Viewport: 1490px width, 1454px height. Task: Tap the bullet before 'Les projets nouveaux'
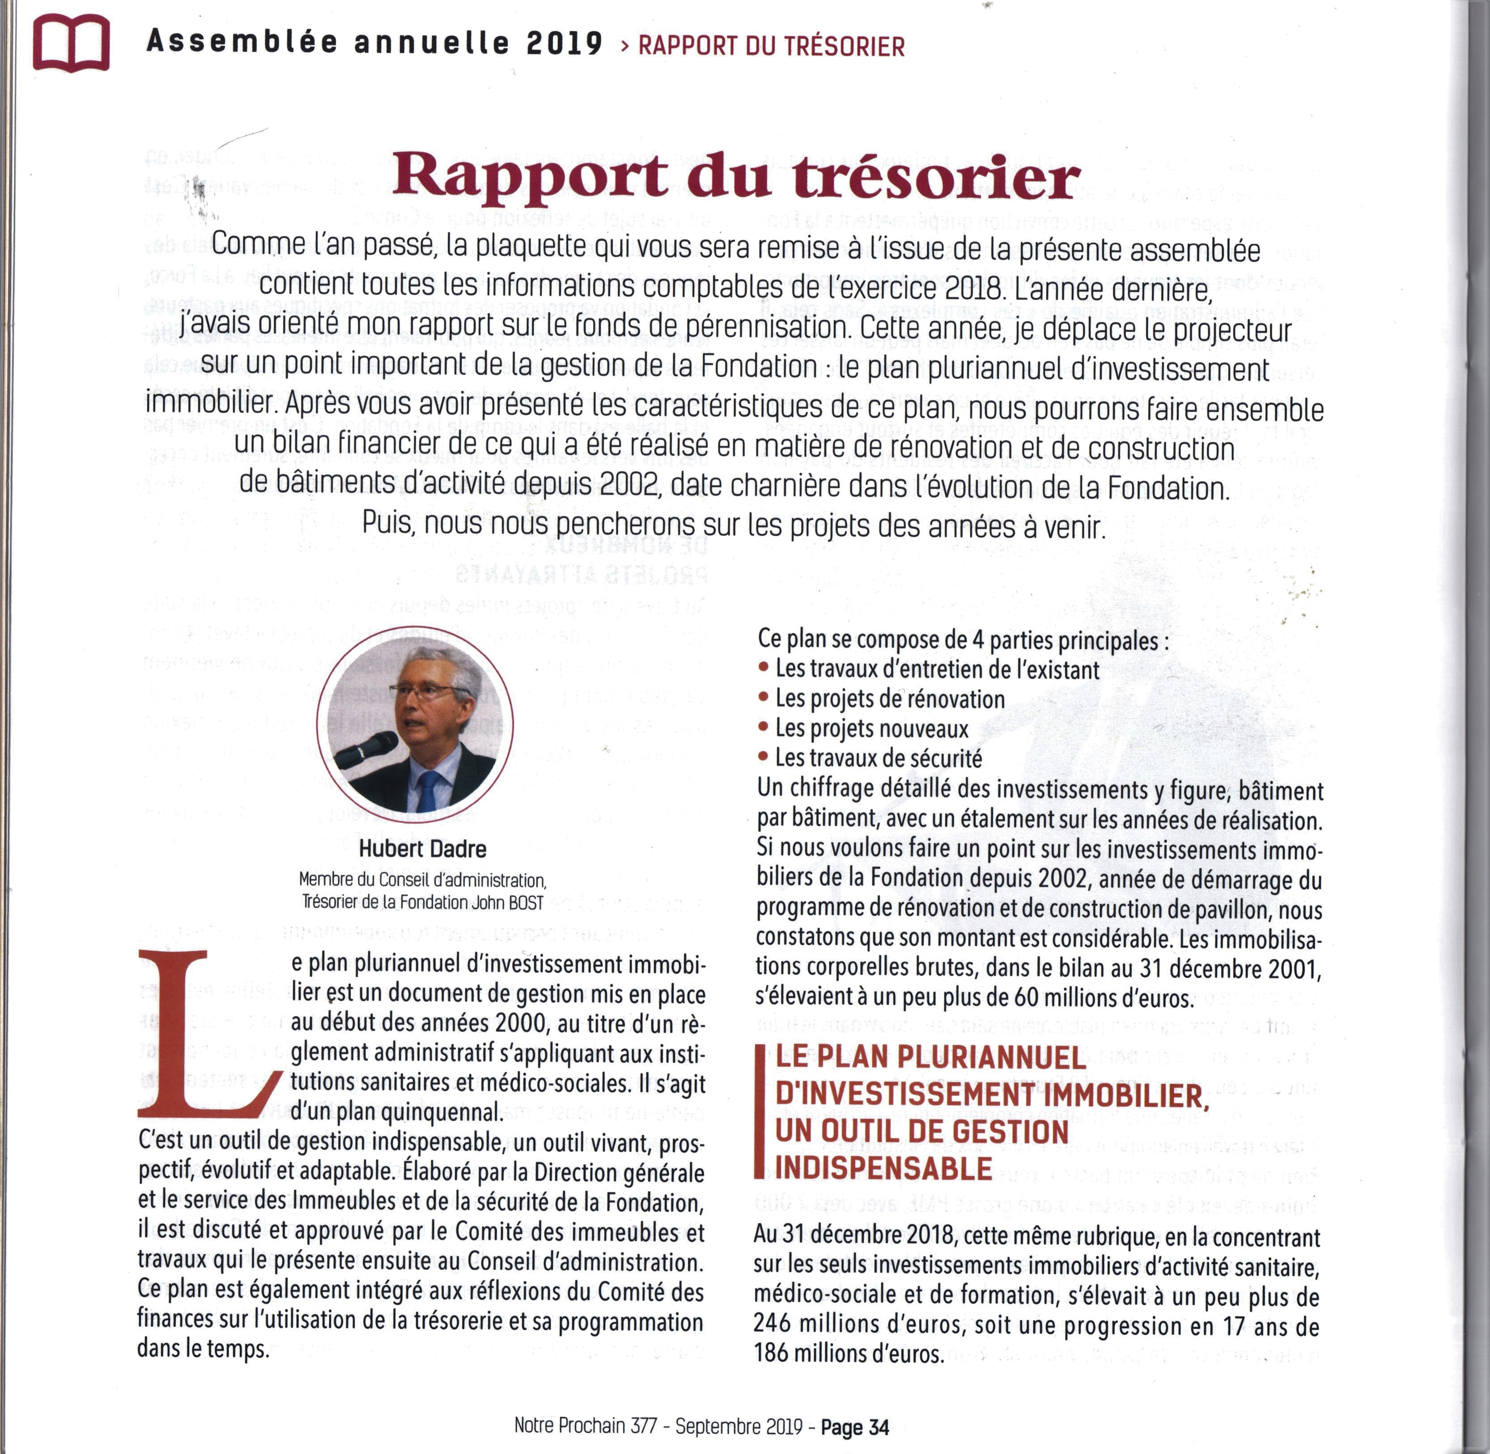pos(763,727)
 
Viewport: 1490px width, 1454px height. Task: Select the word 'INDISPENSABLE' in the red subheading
pos(883,1168)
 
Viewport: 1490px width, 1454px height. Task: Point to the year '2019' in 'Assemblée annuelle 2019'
pos(565,43)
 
